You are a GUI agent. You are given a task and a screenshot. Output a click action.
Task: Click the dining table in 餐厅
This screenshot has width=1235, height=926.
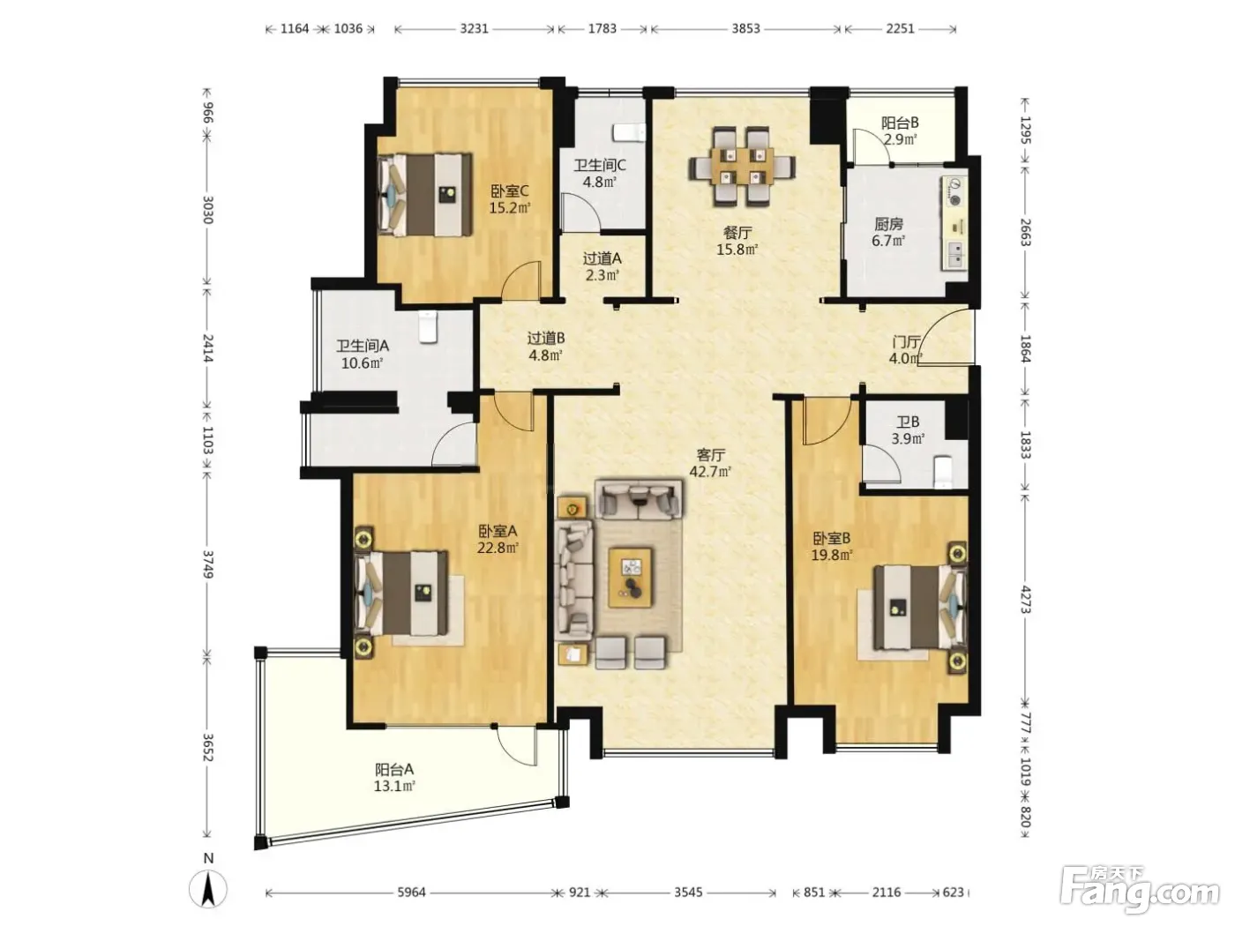click(x=742, y=167)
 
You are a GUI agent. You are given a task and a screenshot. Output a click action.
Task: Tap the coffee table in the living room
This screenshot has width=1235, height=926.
click(x=630, y=578)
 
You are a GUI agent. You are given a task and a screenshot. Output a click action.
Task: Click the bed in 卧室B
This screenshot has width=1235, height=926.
click(x=919, y=608)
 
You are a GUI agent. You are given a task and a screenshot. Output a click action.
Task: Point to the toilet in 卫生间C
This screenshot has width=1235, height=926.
click(x=629, y=131)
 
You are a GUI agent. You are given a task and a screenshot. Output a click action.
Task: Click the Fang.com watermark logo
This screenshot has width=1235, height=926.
click(x=1141, y=890)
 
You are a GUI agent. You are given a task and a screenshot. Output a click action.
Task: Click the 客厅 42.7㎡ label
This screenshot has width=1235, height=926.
click(x=710, y=463)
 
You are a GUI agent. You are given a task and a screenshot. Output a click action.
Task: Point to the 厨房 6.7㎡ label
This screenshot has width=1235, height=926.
click(x=888, y=232)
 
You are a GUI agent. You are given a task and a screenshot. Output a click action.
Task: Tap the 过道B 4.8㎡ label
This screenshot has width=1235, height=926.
click(x=546, y=347)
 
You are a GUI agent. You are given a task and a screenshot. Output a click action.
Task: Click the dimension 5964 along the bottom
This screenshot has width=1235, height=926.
click(x=411, y=892)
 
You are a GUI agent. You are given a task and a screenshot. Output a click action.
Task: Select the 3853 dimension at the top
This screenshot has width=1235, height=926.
click(x=745, y=29)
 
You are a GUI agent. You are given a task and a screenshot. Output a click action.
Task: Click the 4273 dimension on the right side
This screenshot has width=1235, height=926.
click(x=1025, y=600)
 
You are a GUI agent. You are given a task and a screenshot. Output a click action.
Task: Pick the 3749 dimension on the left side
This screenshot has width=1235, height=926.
click(x=207, y=564)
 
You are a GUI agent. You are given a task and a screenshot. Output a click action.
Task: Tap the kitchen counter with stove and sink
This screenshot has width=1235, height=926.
click(x=954, y=222)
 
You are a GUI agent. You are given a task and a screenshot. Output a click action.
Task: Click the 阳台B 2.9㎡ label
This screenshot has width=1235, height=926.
click(x=900, y=131)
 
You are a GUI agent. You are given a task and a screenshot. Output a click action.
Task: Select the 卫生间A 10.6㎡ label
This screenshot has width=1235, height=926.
click(x=363, y=355)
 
